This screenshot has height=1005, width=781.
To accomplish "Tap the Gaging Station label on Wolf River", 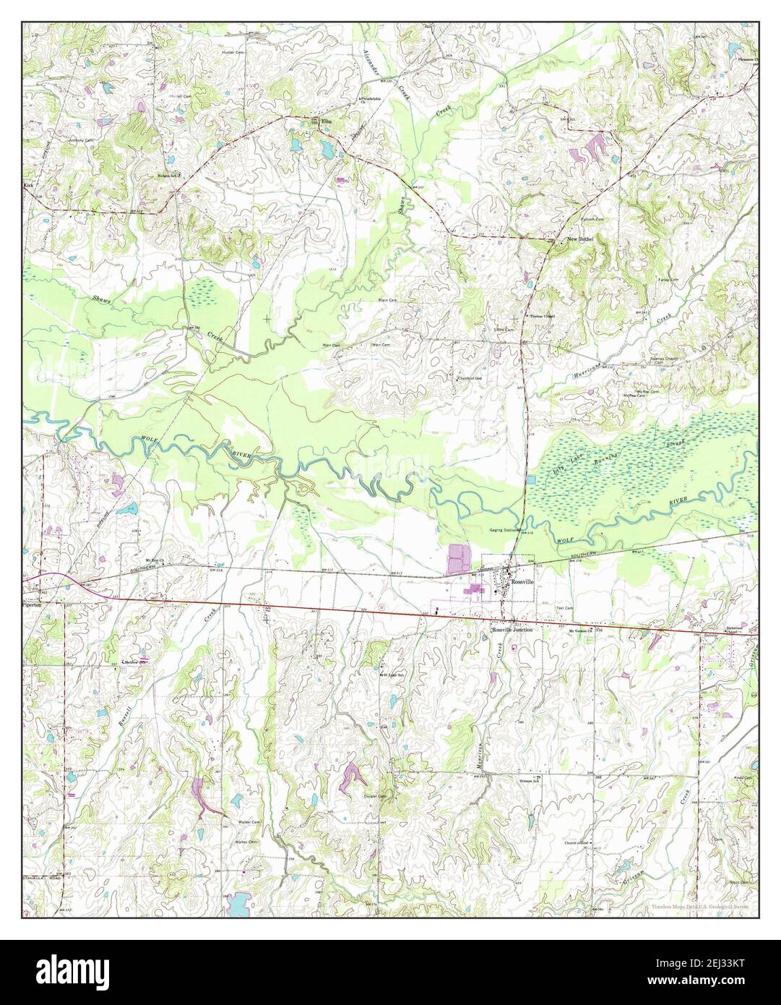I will click(505, 531).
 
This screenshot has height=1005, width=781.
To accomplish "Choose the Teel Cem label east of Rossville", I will click(564, 608).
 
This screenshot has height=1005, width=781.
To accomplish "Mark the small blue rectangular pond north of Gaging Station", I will click(532, 479).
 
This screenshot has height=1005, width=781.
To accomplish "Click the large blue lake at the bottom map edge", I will click(236, 902).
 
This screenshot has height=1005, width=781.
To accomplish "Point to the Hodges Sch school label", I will click(168, 174).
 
